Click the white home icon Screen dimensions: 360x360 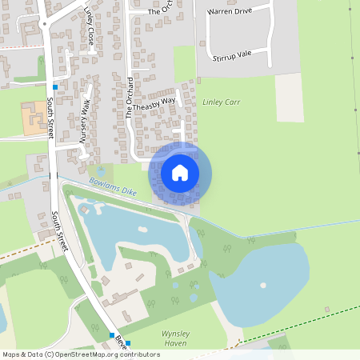point(180,172)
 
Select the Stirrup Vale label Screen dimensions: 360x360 point(232,54)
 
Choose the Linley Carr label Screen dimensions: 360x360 point(222,103)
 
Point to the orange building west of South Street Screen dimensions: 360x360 point(34,118)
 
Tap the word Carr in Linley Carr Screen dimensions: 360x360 point(232,103)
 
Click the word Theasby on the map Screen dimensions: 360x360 point(146,107)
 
